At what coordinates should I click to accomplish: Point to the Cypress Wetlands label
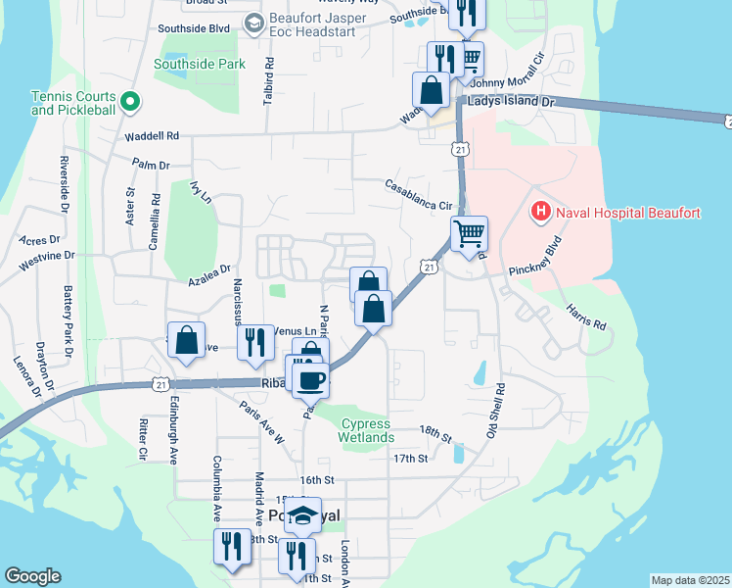(367, 430)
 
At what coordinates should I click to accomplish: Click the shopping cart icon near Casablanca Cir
(469, 234)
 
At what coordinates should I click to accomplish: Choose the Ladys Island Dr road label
(511, 102)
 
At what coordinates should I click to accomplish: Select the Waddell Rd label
(152, 136)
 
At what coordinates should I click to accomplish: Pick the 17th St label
(409, 458)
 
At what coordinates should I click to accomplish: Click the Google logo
(32, 575)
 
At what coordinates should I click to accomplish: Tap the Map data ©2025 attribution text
(689, 580)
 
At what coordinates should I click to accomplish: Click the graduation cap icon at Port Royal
(303, 515)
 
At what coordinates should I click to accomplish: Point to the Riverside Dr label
(64, 184)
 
